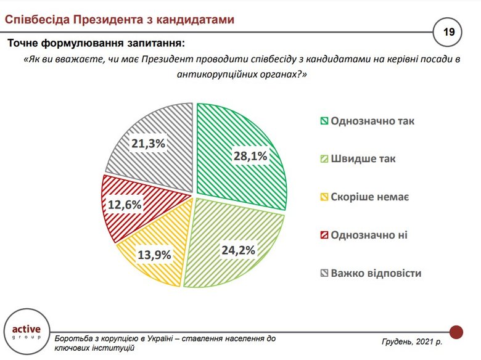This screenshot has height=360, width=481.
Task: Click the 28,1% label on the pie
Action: [x=250, y=156]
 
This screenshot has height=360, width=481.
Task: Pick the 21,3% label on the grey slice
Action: [x=148, y=144]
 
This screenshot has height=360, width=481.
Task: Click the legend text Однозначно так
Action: [x=372, y=120]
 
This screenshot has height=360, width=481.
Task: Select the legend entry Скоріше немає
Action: [x=370, y=197]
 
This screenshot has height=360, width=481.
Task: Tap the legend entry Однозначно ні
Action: [x=369, y=235]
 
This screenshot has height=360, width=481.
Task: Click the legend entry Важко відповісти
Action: [x=376, y=273]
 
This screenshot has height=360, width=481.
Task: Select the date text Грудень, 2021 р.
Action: [x=412, y=341]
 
